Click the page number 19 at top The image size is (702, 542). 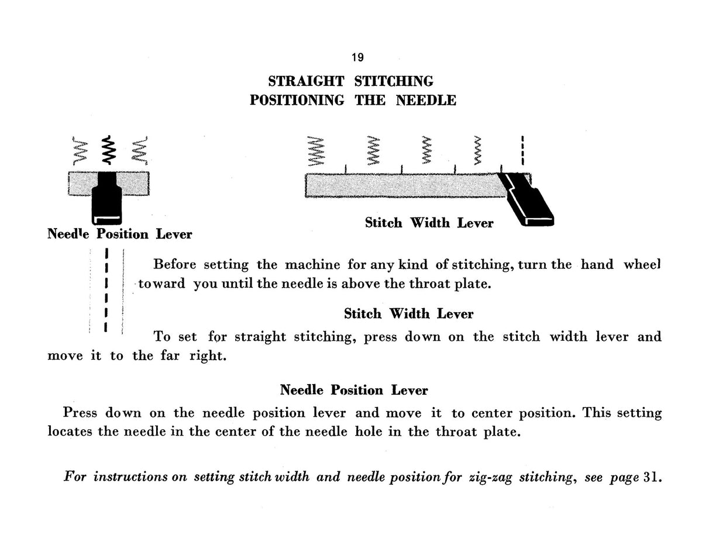(x=357, y=57)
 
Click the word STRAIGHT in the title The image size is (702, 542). (x=306, y=81)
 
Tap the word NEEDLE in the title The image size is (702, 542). (x=426, y=101)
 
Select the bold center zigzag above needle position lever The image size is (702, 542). (x=109, y=150)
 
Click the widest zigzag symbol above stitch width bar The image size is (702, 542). (x=316, y=151)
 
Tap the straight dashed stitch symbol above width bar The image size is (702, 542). (x=523, y=150)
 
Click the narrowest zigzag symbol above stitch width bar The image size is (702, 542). (x=477, y=150)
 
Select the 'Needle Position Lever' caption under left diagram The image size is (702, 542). (x=120, y=234)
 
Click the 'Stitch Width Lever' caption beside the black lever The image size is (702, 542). (x=429, y=223)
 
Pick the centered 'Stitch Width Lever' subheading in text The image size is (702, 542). (x=409, y=313)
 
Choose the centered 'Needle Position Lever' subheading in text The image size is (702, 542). (x=354, y=390)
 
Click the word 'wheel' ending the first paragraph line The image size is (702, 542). (x=642, y=264)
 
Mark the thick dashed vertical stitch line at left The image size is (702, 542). (x=106, y=290)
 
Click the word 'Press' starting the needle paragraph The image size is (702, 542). (x=80, y=413)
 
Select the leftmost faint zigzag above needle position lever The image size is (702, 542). (x=80, y=150)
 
